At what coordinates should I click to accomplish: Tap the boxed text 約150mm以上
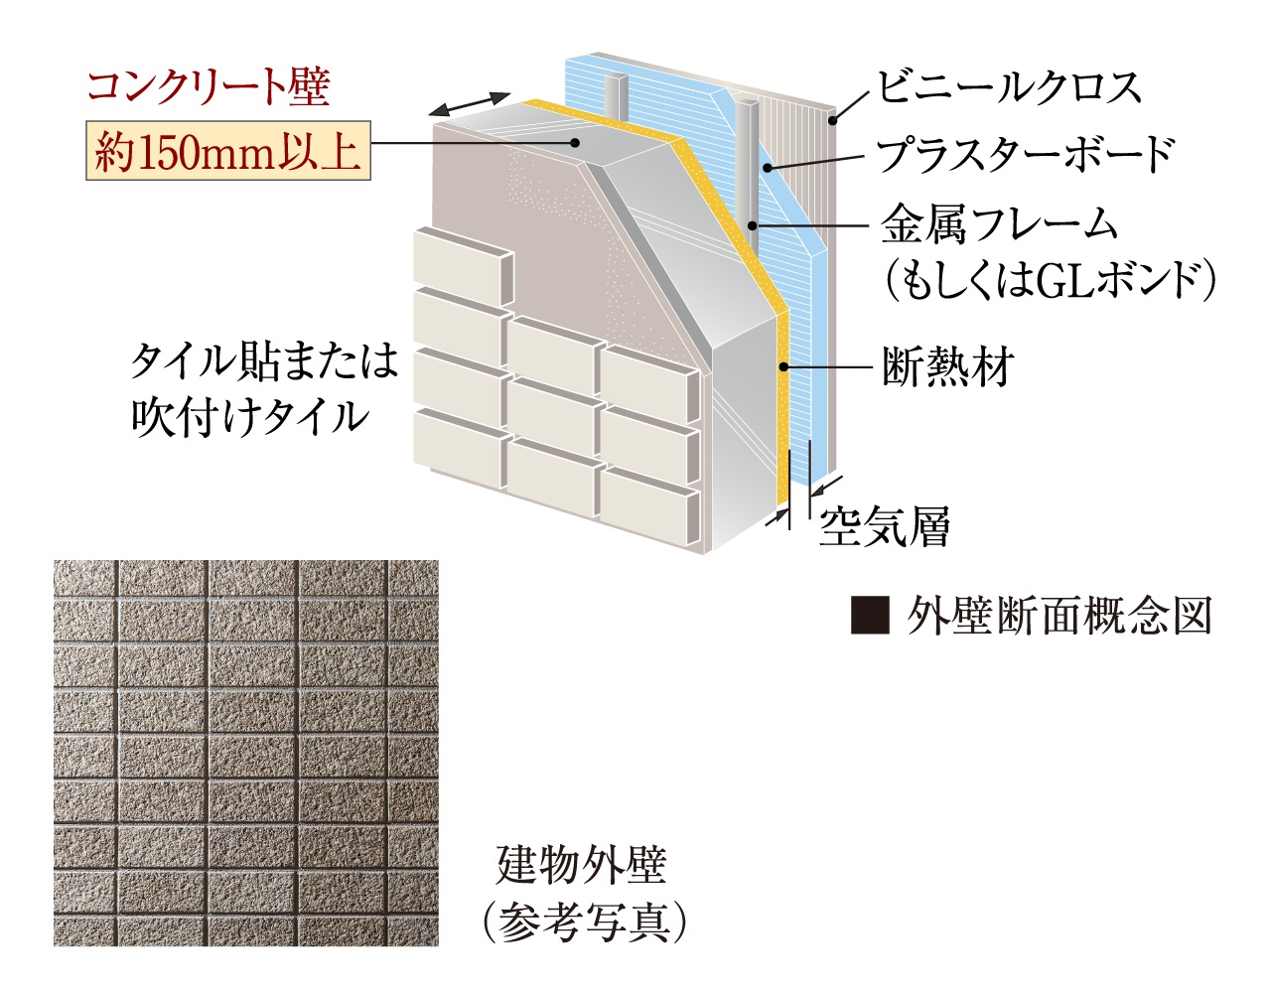click(228, 150)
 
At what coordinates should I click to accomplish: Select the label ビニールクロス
click(1009, 87)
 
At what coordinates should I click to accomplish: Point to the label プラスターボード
click(1025, 154)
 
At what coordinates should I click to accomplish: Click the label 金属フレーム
click(999, 225)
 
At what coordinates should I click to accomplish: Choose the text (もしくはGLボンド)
click(1051, 281)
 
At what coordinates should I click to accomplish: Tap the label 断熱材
click(947, 366)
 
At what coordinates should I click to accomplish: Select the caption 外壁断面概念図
click(1059, 616)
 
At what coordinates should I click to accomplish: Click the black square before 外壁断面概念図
click(871, 616)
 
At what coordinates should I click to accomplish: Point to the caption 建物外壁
click(582, 866)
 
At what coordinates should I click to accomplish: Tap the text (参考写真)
click(584, 923)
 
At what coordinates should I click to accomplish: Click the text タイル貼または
click(264, 360)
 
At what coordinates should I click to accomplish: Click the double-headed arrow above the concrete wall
click(469, 104)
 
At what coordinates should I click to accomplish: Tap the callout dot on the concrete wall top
click(576, 142)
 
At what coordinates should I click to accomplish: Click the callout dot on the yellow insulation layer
click(782, 367)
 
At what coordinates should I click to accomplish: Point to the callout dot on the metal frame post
click(753, 225)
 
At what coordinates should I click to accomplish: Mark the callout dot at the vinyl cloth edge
click(833, 121)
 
